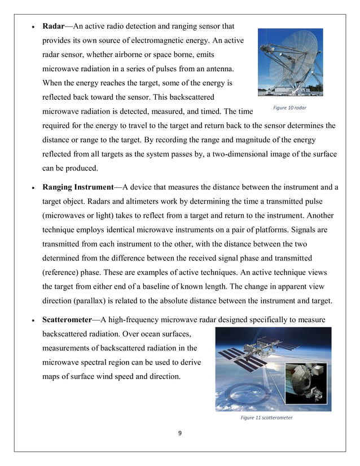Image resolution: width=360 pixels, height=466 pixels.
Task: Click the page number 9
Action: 179,433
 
